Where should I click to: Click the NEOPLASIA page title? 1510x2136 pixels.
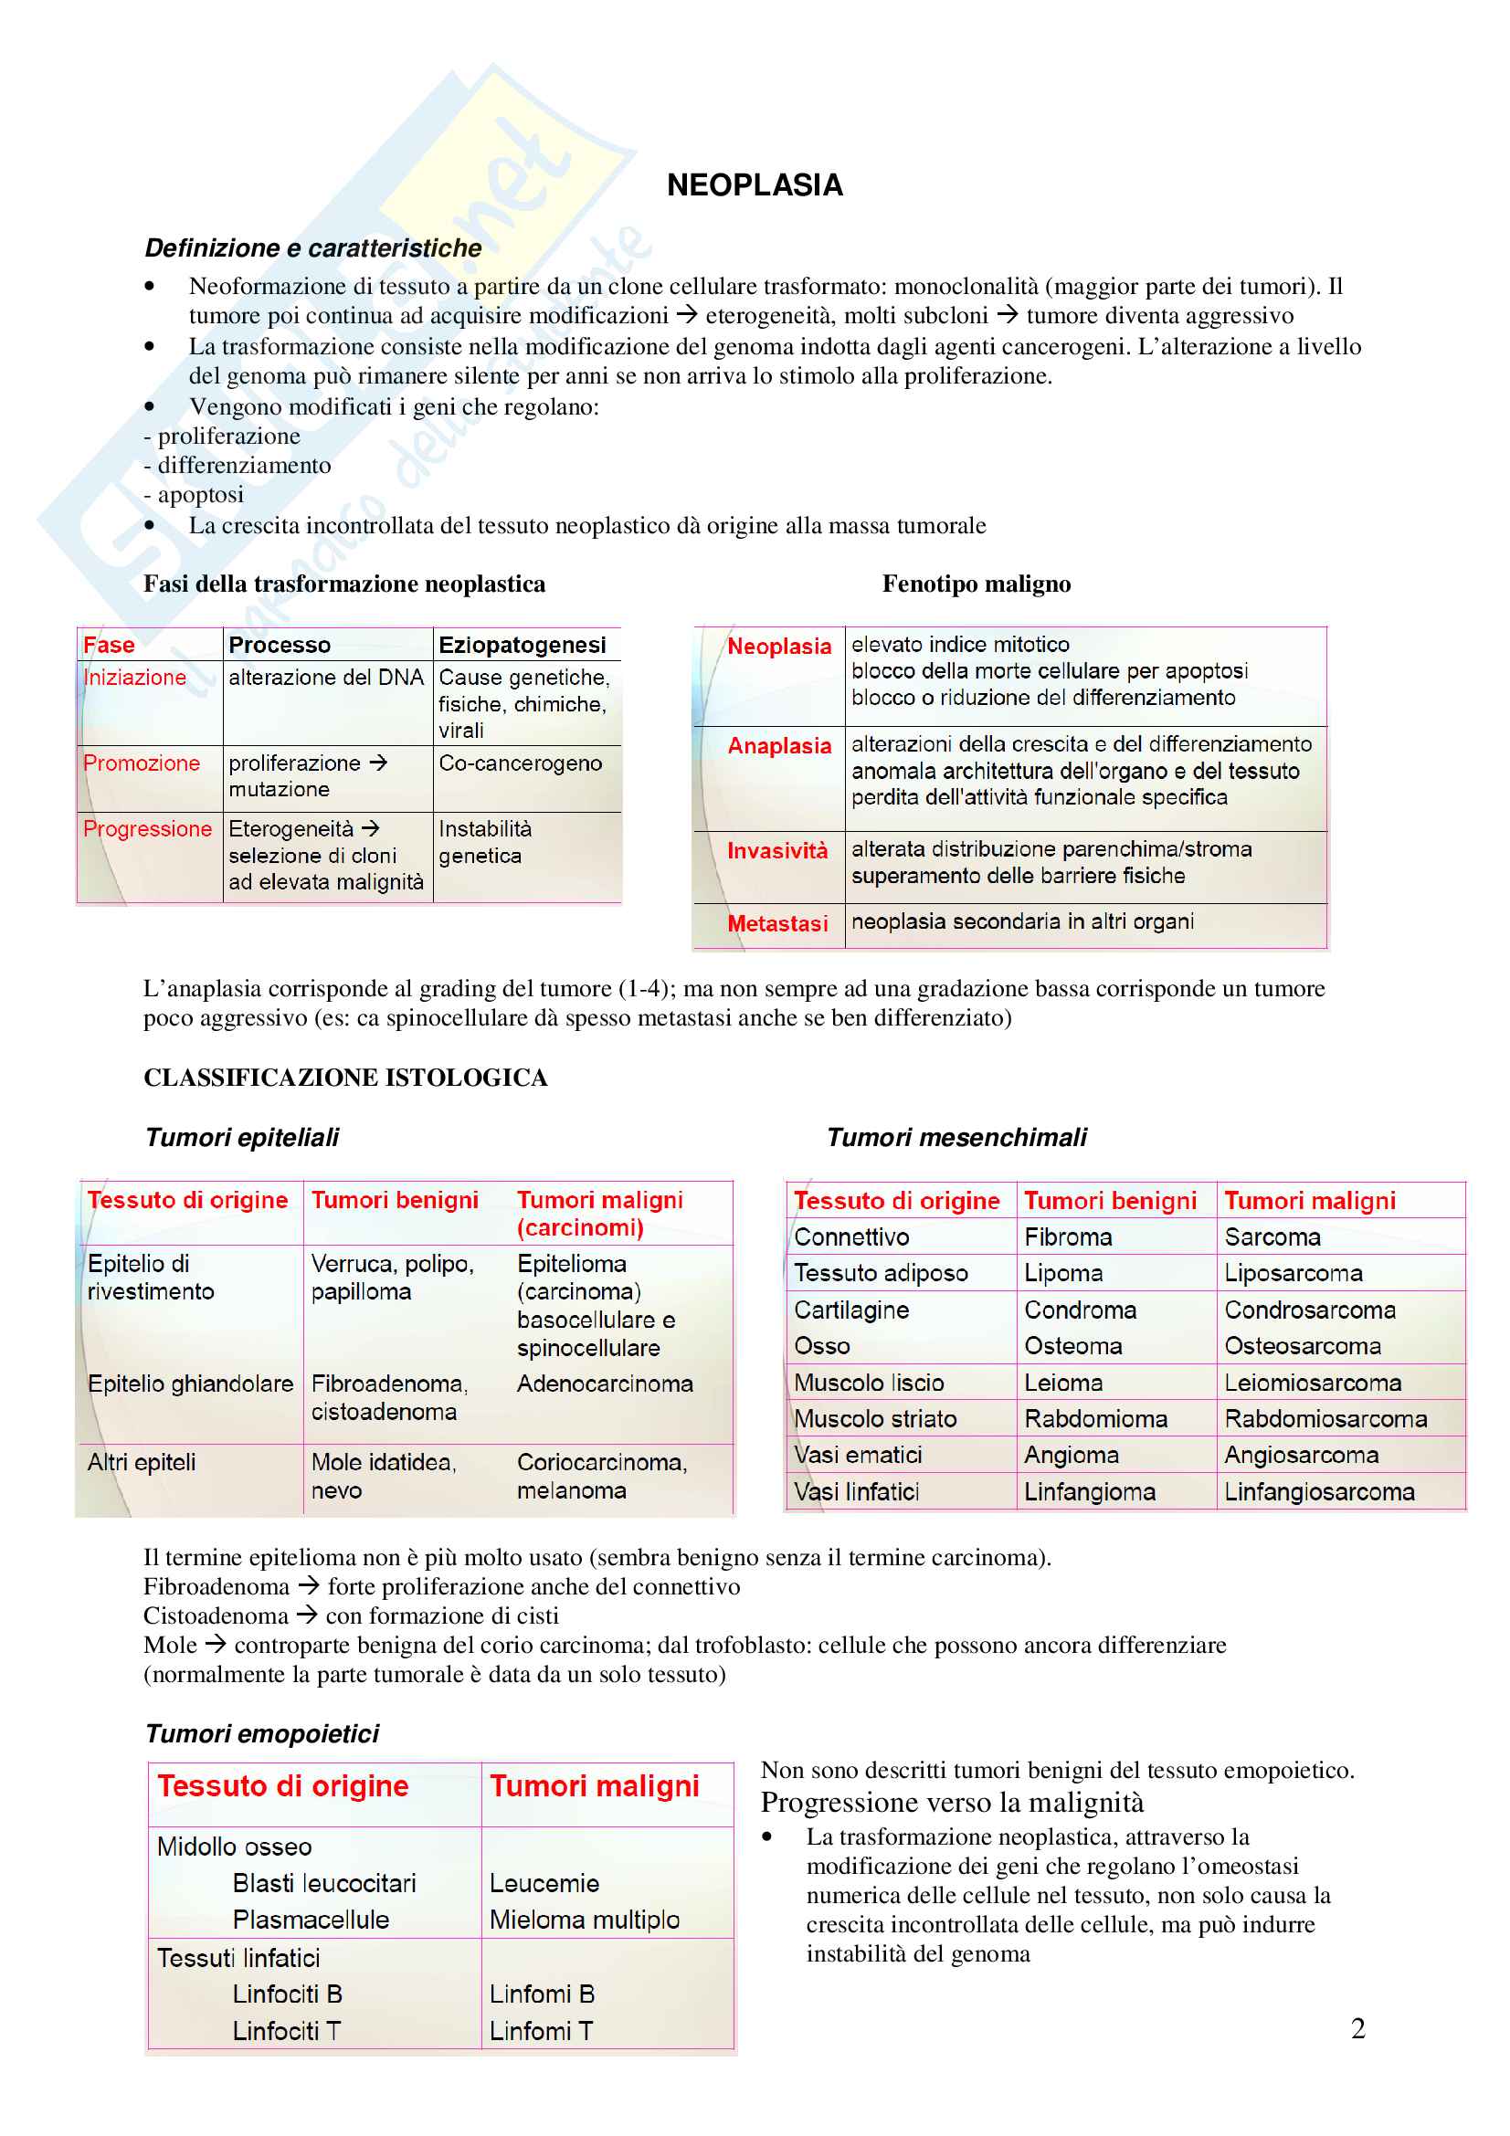pyautogui.click(x=755, y=185)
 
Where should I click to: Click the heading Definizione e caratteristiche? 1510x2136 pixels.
pyautogui.click(x=312, y=248)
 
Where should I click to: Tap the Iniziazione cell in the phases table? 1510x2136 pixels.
pyautogui.click(x=135, y=678)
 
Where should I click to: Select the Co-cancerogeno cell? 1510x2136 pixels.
pyautogui.click(x=520, y=763)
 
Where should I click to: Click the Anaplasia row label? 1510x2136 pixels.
pyautogui.click(x=778, y=746)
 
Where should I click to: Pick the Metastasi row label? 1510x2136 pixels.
pyautogui.click(x=776, y=924)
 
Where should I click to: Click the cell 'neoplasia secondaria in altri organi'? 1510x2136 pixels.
pyautogui.click(x=1022, y=921)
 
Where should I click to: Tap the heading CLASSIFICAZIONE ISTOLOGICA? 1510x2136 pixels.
pyautogui.click(x=345, y=1078)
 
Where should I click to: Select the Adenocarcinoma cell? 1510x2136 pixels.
pyautogui.click(x=605, y=1384)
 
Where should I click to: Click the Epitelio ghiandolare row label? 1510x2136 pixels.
pyautogui.click(x=190, y=1384)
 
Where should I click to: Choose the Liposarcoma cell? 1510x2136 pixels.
pyautogui.click(x=1294, y=1273)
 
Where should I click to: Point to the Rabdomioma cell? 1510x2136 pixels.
pyautogui.click(x=1095, y=1419)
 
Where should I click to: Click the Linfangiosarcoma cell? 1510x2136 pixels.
pyautogui.click(x=1318, y=1492)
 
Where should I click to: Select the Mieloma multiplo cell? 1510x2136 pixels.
pyautogui.click(x=585, y=1920)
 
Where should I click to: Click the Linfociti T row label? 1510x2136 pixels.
pyautogui.click(x=287, y=2031)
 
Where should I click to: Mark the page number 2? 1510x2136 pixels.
pyautogui.click(x=1357, y=2028)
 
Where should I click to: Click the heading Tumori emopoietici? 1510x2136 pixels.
pyautogui.click(x=262, y=1734)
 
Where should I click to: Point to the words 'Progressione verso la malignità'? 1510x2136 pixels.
pyautogui.click(x=952, y=1803)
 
